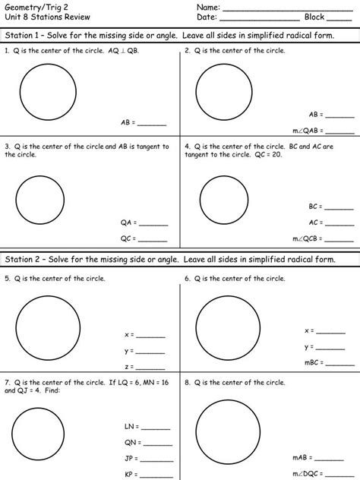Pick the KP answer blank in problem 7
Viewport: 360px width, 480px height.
pyautogui.click(x=157, y=475)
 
